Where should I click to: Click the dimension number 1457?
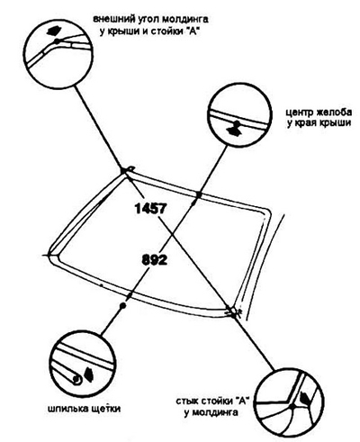tap(150, 208)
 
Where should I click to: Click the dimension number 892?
tap(154, 260)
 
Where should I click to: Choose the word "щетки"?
tap(105, 410)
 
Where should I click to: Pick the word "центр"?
tap(299, 113)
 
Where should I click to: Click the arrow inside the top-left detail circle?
tap(55, 31)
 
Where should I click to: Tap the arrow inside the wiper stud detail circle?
tap(88, 374)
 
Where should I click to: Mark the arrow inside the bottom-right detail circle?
tap(306, 398)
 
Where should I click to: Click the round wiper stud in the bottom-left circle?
tap(76, 380)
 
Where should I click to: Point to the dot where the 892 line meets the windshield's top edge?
tap(198, 194)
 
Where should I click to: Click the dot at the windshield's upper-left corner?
tap(123, 170)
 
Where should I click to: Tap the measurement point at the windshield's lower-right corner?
tap(233, 314)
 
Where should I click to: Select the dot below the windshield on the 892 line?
tap(122, 306)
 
